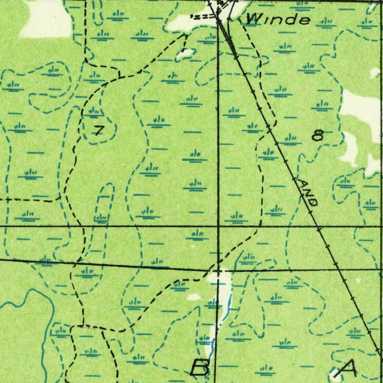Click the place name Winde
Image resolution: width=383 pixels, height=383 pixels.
point(279,19)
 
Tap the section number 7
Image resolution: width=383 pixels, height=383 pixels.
point(98,131)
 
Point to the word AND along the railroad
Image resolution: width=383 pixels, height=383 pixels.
point(308,192)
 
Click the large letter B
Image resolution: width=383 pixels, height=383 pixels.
point(200,367)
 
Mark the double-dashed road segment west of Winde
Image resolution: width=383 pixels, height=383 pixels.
point(203,16)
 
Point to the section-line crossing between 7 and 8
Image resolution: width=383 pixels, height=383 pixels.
point(218,227)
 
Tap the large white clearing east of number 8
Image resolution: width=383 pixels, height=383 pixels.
point(361,108)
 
